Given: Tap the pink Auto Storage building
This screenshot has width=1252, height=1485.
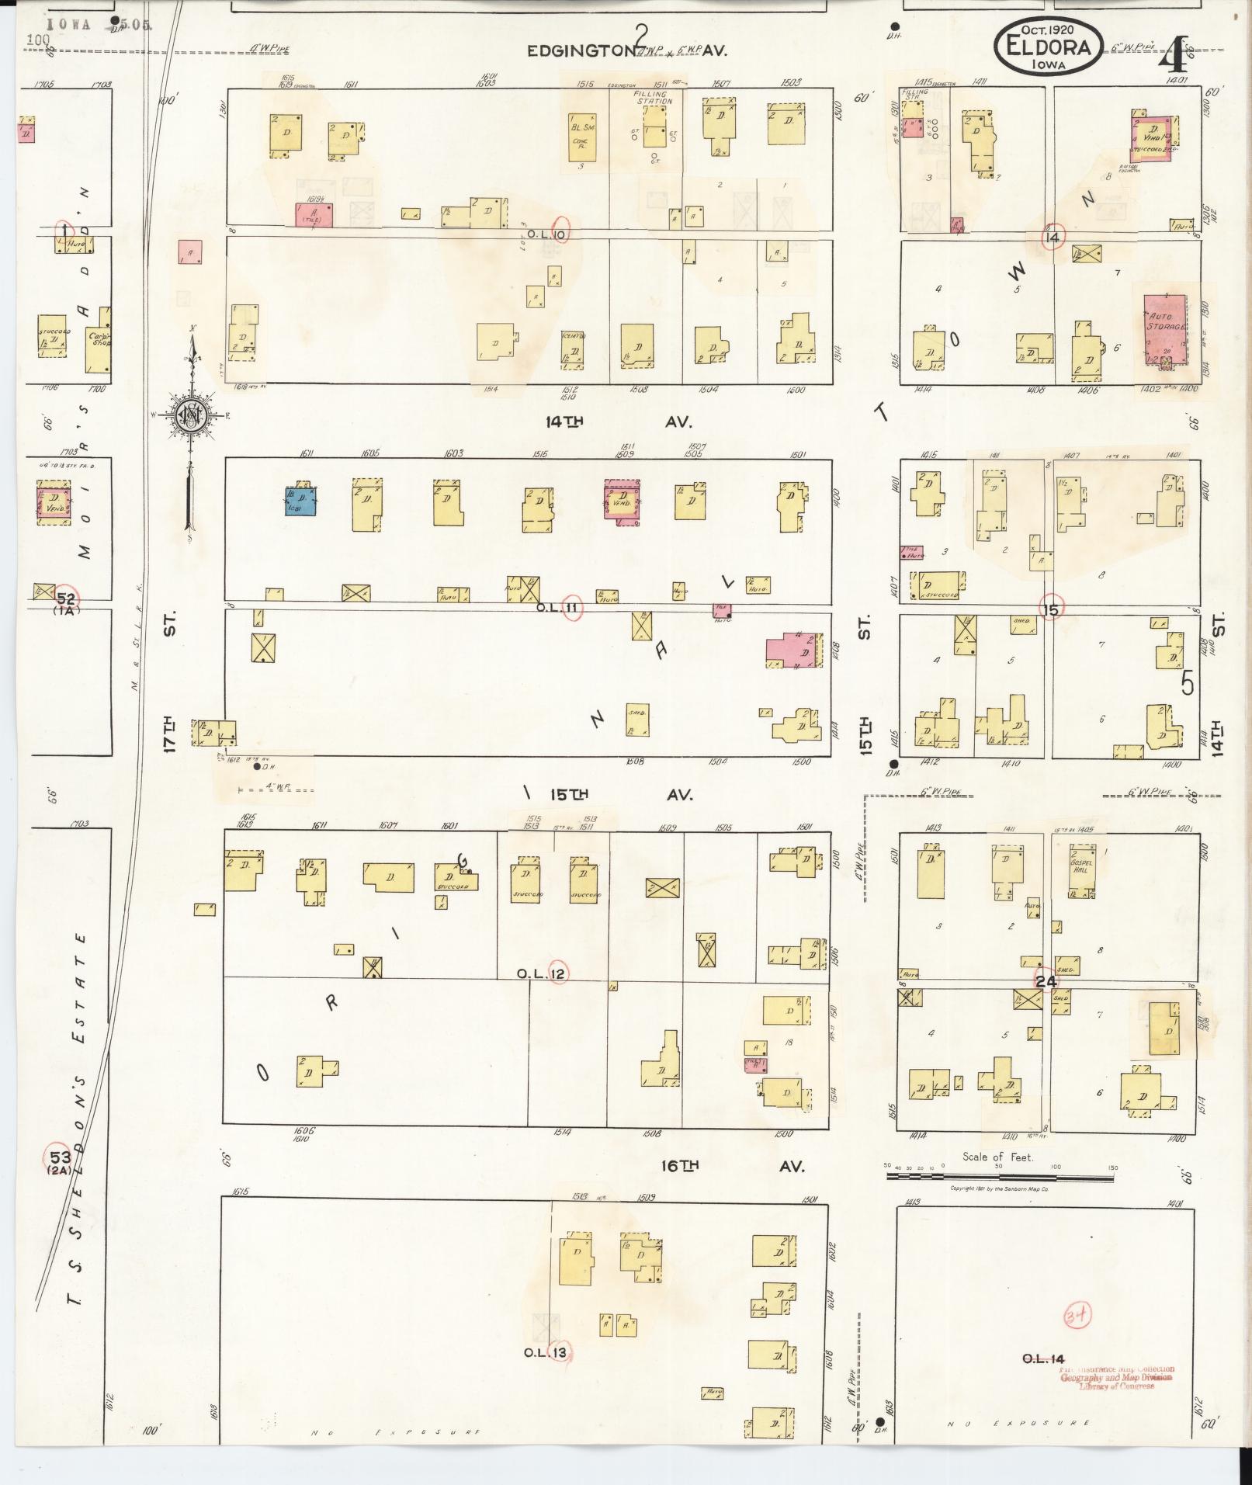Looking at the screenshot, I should point(1165,328).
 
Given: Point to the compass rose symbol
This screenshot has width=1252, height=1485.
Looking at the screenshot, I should point(191,415).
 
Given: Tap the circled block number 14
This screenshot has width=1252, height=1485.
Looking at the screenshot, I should point(1053,237).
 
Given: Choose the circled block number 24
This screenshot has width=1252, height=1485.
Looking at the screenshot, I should point(1046,981).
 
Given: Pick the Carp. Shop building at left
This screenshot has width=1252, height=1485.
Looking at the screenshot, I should point(99,339).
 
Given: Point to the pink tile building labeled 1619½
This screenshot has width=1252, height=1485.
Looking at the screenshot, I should point(314,215).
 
